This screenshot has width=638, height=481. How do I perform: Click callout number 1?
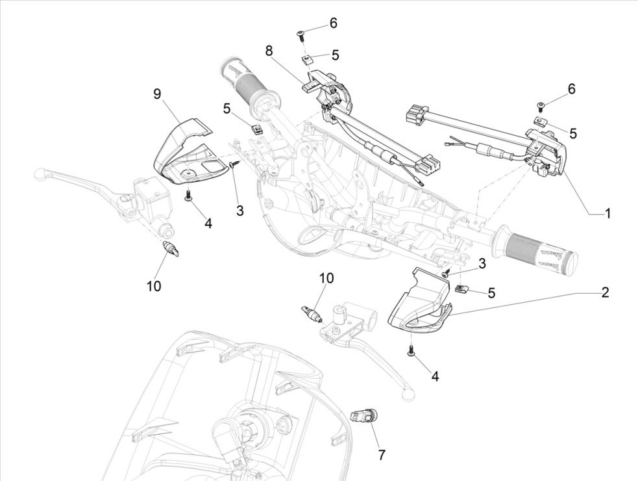tap(608, 213)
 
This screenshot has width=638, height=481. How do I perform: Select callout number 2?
tap(604, 292)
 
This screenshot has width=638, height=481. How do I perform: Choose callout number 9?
tap(157, 94)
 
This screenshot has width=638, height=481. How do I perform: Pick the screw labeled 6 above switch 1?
tap(541, 104)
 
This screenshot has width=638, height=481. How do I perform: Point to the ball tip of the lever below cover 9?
tap(40, 174)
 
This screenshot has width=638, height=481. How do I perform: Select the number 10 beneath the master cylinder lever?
tap(153, 285)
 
